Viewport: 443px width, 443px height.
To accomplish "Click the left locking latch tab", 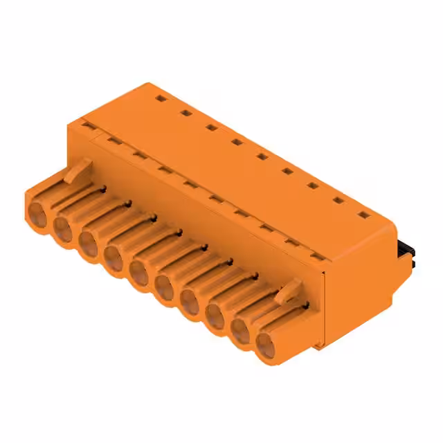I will (81, 168).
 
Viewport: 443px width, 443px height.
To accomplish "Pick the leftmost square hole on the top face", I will (161, 100).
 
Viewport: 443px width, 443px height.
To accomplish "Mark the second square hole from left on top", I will (186, 113).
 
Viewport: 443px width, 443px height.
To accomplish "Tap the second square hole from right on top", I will (337, 201).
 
